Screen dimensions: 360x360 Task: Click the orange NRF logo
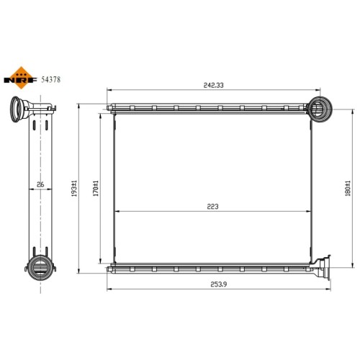tap(21, 78)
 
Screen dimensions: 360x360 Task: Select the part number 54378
tap(51, 79)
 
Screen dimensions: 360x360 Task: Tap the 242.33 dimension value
tap(213, 85)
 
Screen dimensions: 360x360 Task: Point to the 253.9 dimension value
tap(219, 284)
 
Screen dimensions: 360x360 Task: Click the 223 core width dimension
tap(212, 207)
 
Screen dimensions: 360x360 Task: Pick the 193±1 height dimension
tap(74, 189)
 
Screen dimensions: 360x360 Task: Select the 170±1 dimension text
tap(96, 189)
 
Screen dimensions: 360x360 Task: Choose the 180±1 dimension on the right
tap(348, 189)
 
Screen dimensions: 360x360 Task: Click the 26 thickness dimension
tap(40, 184)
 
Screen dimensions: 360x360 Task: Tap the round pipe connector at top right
tap(320, 109)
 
